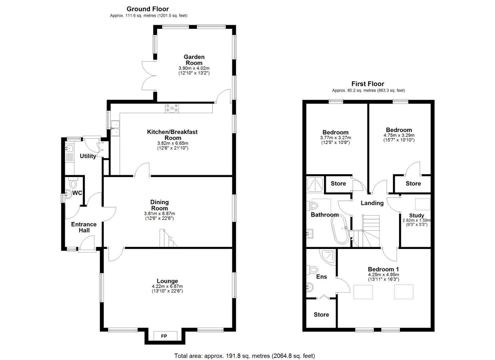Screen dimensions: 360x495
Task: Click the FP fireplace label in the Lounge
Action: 164,336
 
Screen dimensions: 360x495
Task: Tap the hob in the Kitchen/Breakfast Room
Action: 172,108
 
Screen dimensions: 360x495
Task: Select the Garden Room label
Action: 194,60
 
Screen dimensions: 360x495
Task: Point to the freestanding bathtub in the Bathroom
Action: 340,231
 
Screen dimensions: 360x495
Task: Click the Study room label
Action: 416,215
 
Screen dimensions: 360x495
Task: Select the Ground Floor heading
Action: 147,9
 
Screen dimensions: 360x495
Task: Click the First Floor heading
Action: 368,84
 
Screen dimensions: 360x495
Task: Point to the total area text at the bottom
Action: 244,356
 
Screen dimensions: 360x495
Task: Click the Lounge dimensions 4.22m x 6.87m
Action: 167,286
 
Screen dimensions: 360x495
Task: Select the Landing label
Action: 372,203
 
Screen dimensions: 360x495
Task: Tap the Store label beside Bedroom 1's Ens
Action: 321,314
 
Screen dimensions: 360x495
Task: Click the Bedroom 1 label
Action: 383,269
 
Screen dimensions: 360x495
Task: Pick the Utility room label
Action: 88,156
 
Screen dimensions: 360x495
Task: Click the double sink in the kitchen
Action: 115,128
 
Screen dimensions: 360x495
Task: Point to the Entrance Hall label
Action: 84,227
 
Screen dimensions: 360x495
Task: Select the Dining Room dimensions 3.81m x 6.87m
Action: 159,214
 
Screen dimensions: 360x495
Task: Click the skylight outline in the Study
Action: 422,204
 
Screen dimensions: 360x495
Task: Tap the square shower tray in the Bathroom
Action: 315,184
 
